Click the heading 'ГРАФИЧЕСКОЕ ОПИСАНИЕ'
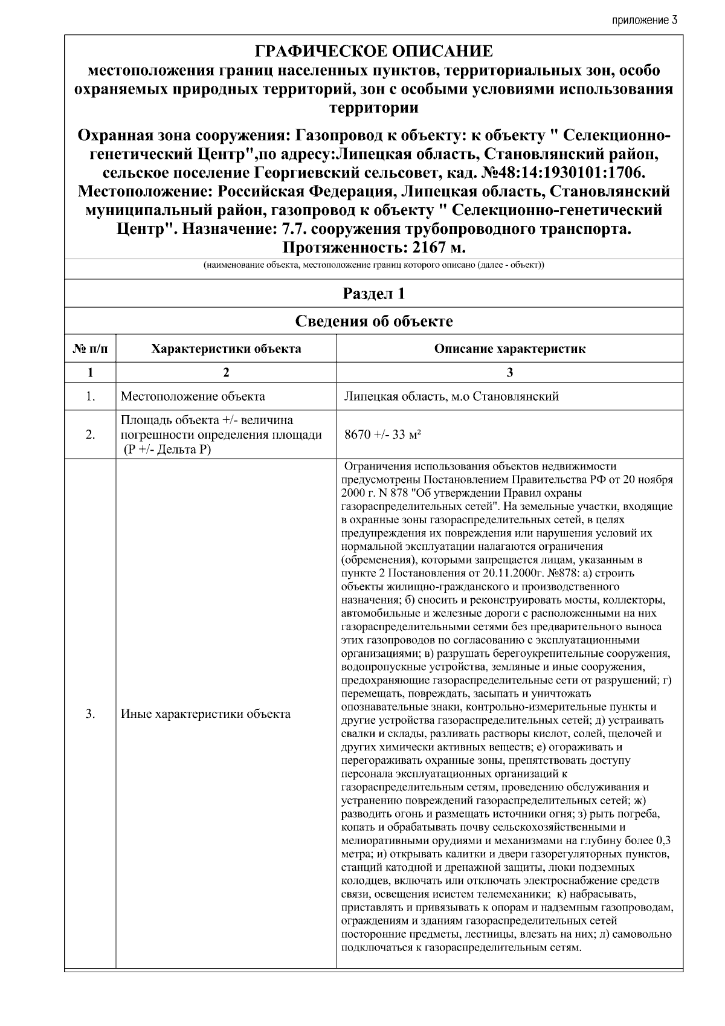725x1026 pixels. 373,51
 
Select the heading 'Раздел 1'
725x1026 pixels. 373,294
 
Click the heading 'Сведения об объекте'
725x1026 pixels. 373,321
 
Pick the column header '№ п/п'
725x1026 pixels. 90,349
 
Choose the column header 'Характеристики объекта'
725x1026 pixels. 226,349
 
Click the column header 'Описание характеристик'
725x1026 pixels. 509,349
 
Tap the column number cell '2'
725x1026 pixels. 226,373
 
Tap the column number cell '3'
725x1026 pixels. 509,373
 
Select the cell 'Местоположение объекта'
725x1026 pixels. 193,397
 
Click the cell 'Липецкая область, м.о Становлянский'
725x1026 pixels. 451,397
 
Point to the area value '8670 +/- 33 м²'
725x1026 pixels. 382,435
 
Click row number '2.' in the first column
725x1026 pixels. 90,435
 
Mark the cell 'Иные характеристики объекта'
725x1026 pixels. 205,714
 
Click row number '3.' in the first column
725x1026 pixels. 90,714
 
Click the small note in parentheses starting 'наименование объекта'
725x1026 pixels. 373,266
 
